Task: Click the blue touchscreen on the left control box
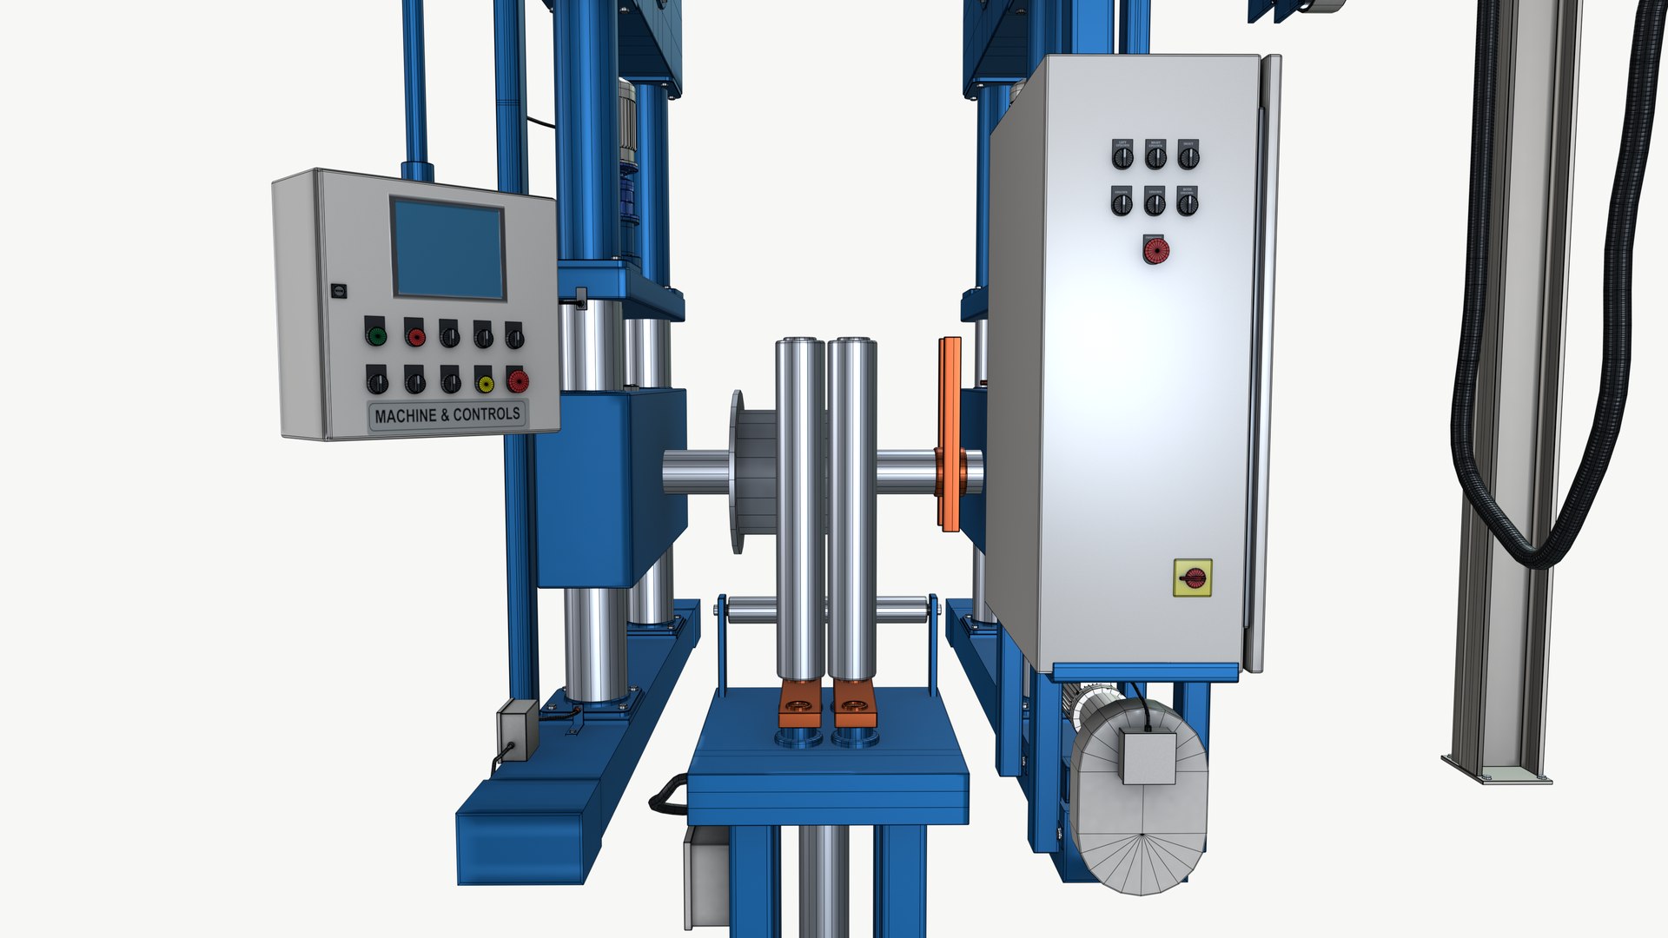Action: (x=448, y=248)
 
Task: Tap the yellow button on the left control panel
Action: (x=485, y=381)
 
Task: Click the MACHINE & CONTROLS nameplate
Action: (x=447, y=415)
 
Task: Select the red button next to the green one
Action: (x=415, y=334)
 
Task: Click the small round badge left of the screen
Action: (x=340, y=291)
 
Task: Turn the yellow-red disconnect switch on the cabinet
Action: (x=1192, y=578)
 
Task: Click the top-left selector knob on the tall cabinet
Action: (x=1122, y=156)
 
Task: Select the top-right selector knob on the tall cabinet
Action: (x=1188, y=156)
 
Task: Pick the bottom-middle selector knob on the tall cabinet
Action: (x=1155, y=203)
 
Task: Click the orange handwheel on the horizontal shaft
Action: (x=950, y=434)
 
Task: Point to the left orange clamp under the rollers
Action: (x=801, y=703)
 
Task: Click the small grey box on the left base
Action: (x=518, y=730)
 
